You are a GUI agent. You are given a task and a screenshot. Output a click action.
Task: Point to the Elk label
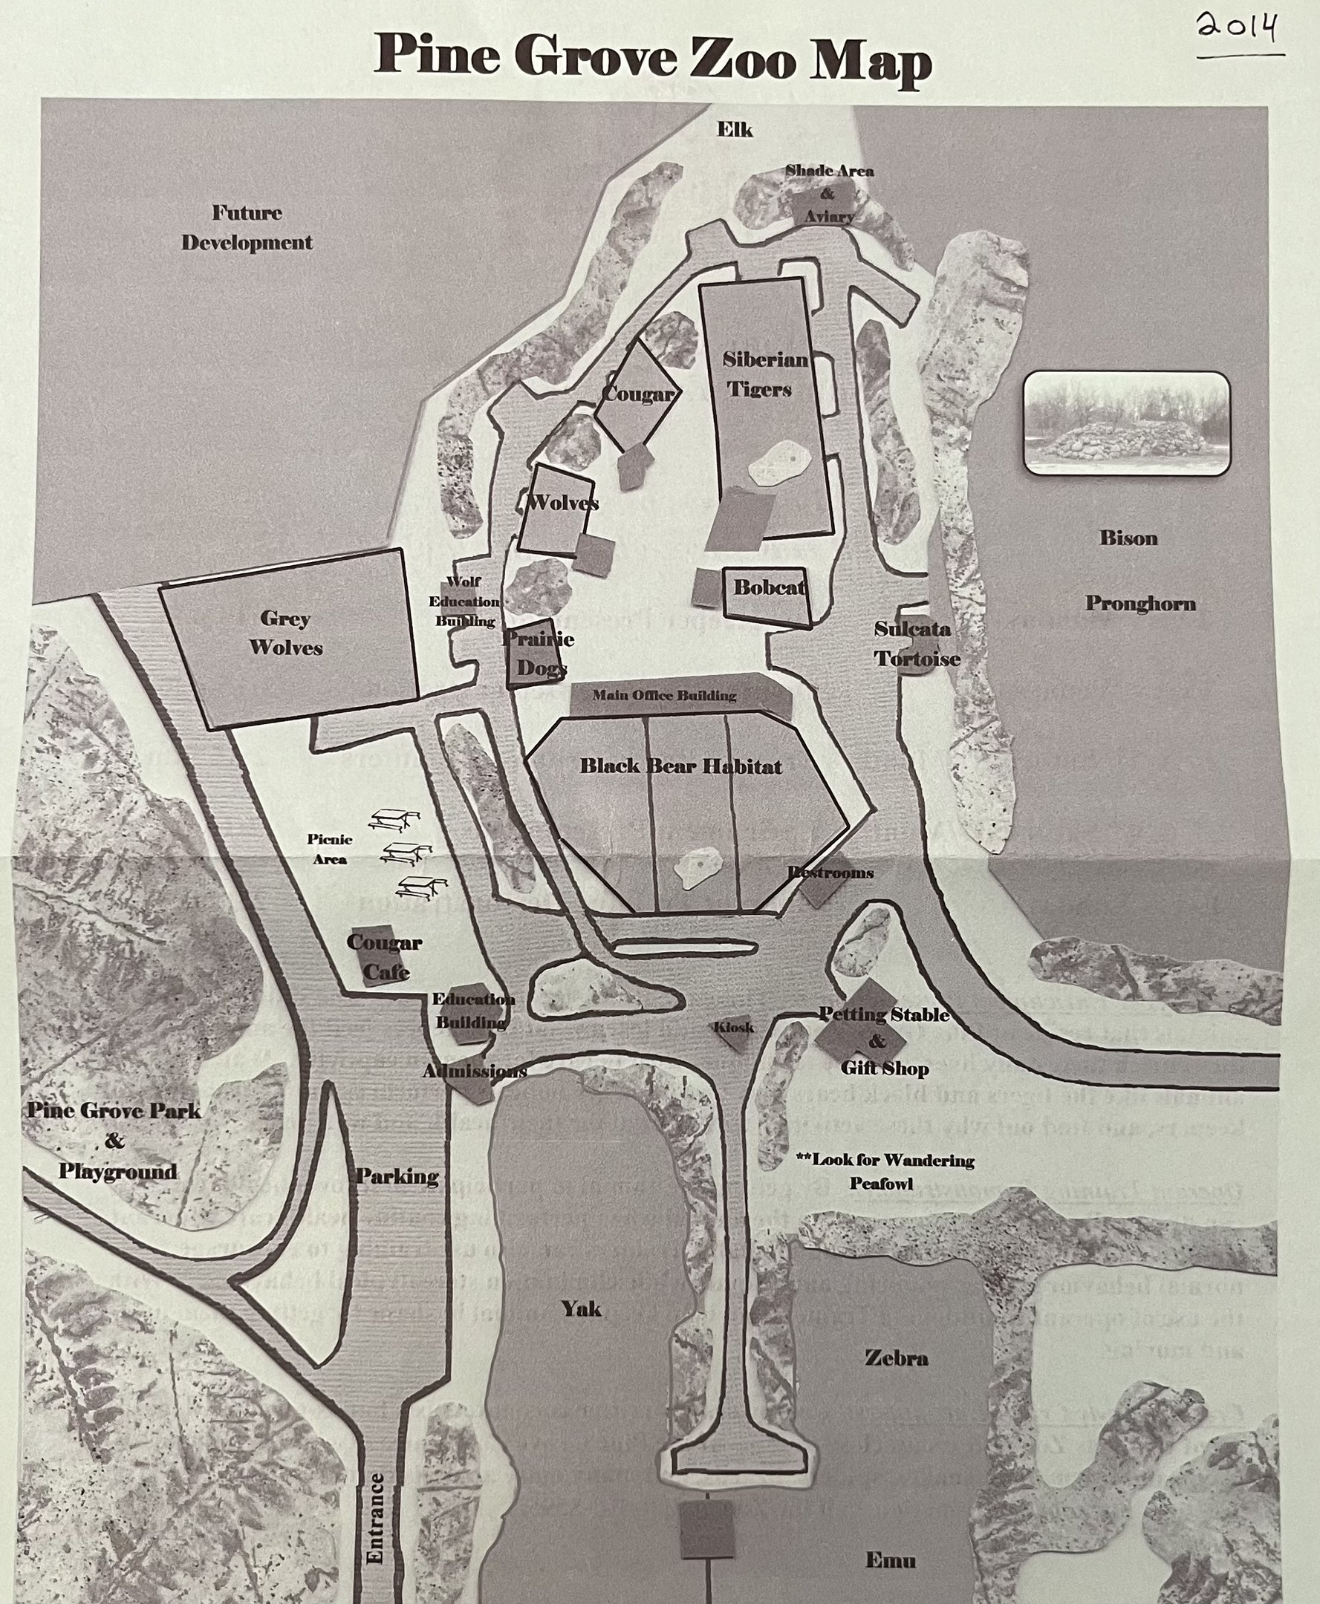coord(735,130)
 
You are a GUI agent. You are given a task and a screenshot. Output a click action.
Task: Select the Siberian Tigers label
coord(764,374)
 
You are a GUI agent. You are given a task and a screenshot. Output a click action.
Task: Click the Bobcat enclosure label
coord(770,587)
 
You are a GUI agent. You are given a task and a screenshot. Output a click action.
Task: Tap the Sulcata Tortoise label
coord(916,644)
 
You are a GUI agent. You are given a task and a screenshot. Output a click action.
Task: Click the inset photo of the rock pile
coord(1126,423)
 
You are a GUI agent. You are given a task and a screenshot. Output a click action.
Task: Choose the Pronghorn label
coord(1139,604)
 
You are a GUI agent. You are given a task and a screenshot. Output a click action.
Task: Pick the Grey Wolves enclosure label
coord(286,633)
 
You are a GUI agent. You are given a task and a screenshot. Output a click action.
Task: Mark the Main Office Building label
coord(664,695)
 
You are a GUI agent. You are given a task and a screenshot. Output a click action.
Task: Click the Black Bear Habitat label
coord(680,766)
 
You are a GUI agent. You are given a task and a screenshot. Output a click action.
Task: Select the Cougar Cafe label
coord(384,956)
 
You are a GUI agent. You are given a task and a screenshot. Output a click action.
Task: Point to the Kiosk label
coord(734,1027)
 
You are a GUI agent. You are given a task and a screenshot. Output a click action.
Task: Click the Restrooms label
coord(830,872)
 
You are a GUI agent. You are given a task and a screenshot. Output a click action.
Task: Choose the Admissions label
coord(475,1071)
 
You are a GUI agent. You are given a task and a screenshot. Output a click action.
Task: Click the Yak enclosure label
coord(581,1308)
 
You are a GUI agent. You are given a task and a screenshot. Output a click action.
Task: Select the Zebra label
coord(896,1357)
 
